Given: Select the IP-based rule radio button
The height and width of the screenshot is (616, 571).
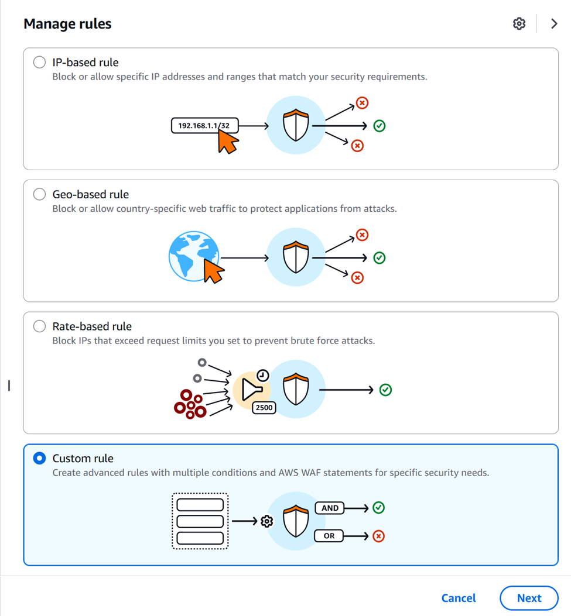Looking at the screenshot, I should (x=39, y=62).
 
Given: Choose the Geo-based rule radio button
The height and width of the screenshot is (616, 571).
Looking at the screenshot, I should (x=39, y=194).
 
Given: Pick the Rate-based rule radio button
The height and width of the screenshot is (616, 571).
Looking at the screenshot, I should (x=39, y=326).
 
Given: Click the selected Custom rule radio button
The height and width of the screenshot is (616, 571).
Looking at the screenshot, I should (x=39, y=459).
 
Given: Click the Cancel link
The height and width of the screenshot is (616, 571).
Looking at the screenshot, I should (x=459, y=598).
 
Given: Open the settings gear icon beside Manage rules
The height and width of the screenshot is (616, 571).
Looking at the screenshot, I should (x=519, y=23).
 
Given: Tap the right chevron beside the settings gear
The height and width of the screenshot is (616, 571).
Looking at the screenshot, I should (x=554, y=23).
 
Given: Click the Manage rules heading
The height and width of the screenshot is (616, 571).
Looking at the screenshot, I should (x=67, y=24).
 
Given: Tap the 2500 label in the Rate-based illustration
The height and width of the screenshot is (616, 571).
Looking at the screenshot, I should (x=264, y=408).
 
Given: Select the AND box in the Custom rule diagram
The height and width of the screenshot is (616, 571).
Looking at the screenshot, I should (x=330, y=508).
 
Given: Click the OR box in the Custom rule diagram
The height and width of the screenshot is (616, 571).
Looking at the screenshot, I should (x=329, y=536).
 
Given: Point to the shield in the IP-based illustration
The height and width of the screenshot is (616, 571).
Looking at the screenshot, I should (x=296, y=125).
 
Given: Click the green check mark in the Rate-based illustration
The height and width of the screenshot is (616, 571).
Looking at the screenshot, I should (x=385, y=390).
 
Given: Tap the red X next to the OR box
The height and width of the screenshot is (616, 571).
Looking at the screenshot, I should (x=378, y=536).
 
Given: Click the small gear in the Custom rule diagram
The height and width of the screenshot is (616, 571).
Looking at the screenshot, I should (x=267, y=521).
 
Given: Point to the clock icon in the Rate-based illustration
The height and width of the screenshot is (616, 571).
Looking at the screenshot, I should (x=263, y=375).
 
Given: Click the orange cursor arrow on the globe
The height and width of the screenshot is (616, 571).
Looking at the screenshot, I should (x=213, y=271).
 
